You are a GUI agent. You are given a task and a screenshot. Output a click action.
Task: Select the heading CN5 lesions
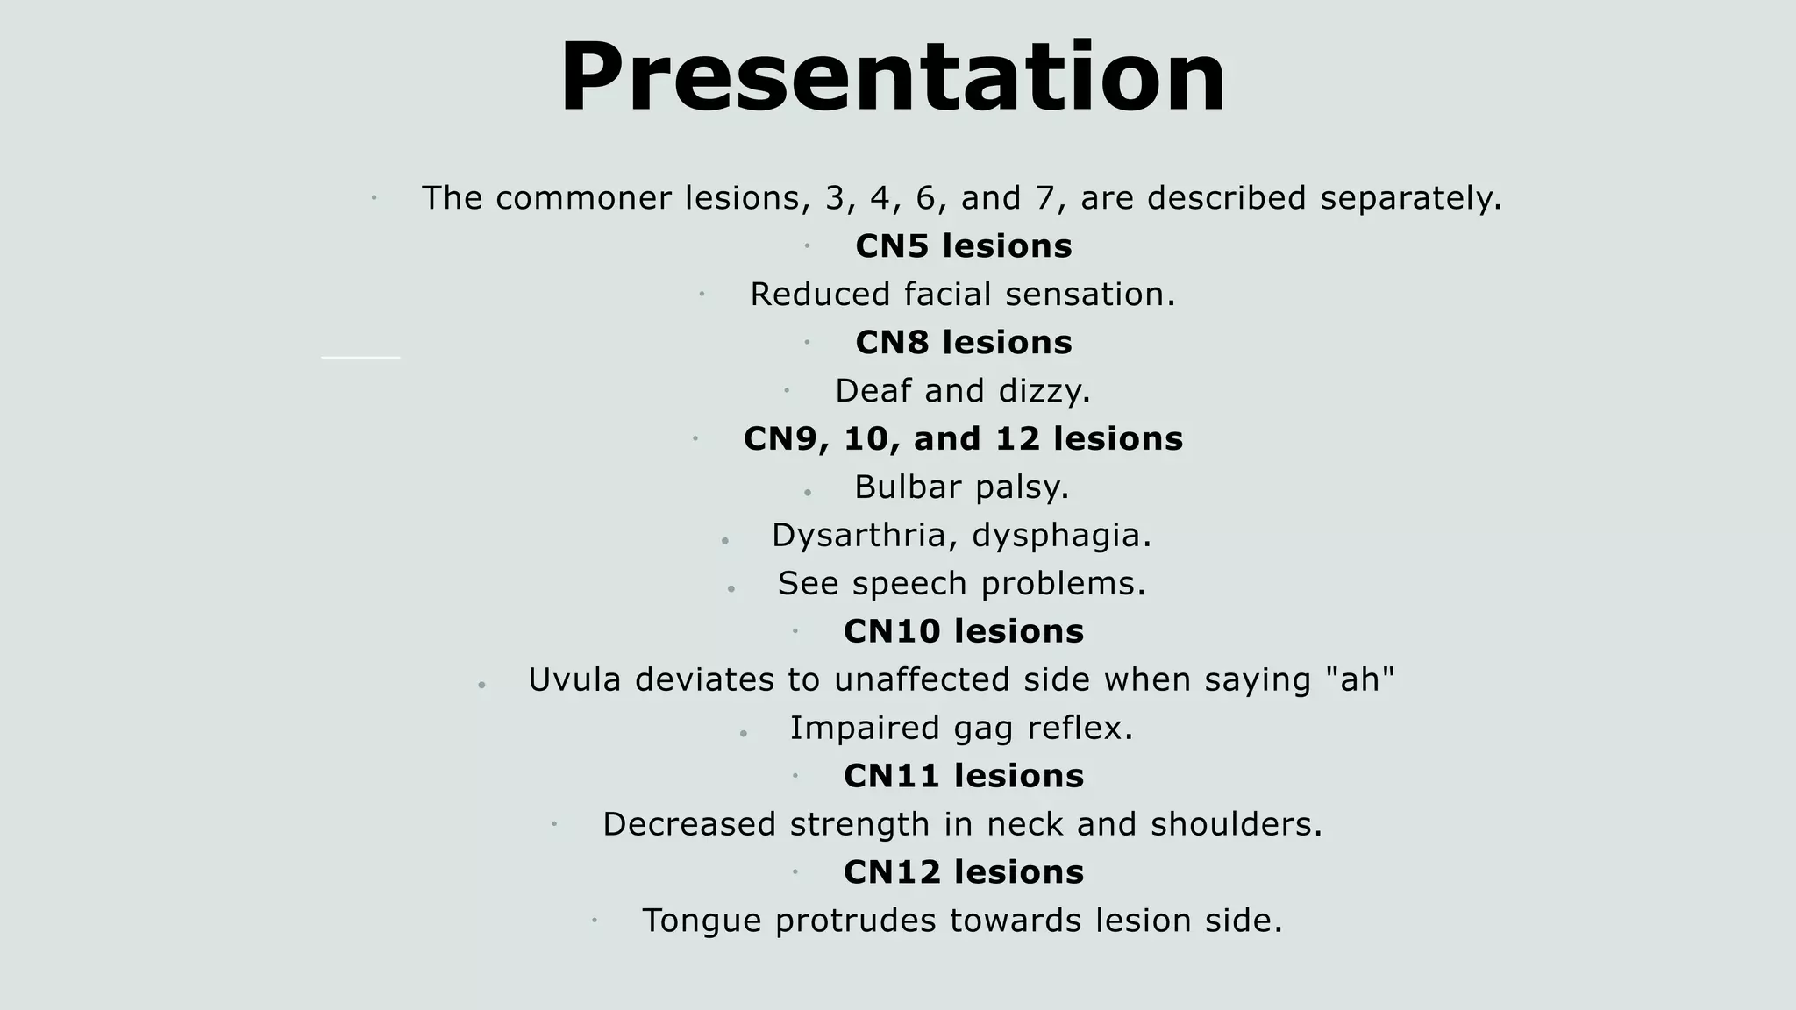tap(963, 246)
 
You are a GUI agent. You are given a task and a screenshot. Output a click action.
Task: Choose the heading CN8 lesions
tap(963, 343)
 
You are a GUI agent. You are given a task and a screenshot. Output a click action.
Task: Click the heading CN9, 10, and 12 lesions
tap(963, 439)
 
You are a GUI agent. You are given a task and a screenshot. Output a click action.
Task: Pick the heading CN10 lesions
tap(963, 632)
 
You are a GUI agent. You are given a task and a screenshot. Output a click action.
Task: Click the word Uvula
tap(574, 680)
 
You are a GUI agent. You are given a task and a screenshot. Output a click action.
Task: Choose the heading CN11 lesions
tap(963, 777)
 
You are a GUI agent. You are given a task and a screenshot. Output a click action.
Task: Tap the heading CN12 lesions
tap(963, 873)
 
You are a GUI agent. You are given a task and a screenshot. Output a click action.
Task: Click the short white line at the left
tap(360, 358)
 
